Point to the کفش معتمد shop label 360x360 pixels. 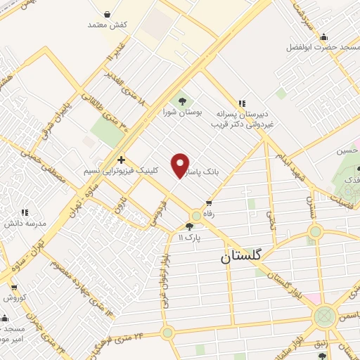coord(108,25)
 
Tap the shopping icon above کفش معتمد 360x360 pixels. coord(107,13)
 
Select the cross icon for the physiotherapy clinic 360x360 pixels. coord(122,160)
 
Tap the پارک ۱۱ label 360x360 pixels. coord(189,238)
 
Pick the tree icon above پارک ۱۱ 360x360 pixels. coord(189,226)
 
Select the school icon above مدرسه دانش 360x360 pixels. coord(25,212)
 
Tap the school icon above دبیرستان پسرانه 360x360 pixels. coord(243,103)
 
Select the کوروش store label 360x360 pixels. coord(13,297)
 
